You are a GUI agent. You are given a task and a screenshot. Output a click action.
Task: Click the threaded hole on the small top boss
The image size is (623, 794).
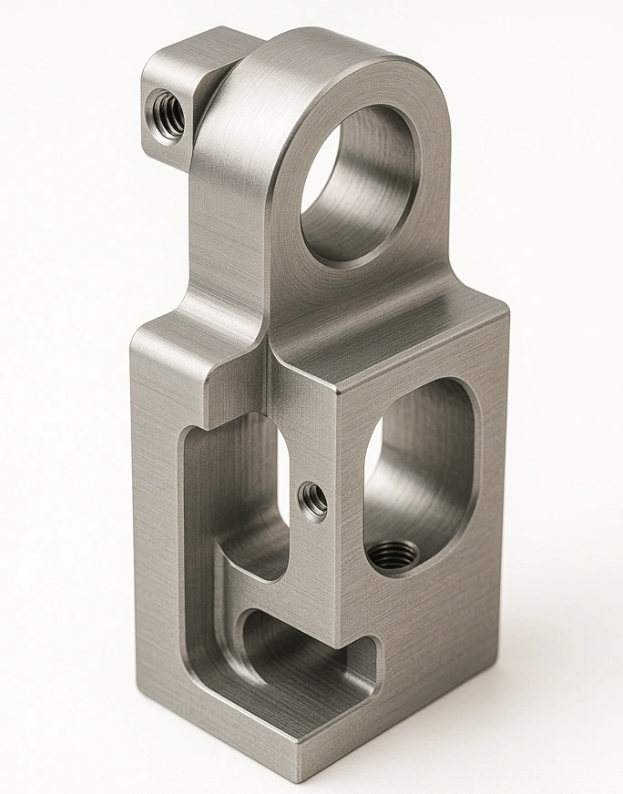pyautogui.click(x=168, y=112)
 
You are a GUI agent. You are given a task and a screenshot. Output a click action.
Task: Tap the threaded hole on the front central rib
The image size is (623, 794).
pyautogui.click(x=313, y=499)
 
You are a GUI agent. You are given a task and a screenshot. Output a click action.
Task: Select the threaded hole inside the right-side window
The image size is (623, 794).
pyautogui.click(x=395, y=554)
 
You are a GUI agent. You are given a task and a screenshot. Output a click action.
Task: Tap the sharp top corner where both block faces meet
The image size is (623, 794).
pyautogui.click(x=338, y=390)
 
